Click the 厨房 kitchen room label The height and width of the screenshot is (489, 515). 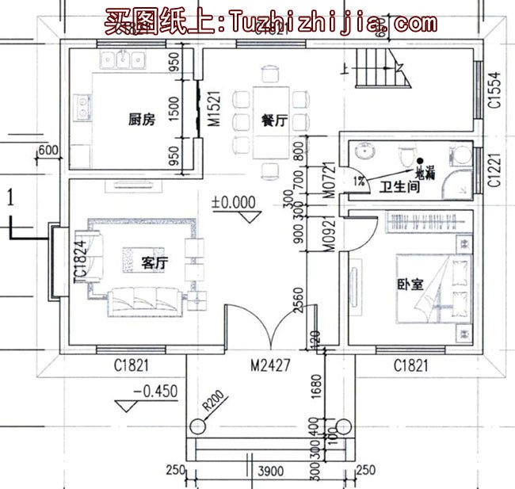pos(139,120)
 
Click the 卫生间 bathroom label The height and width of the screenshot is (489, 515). pos(396,187)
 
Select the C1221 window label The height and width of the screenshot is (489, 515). pos(493,170)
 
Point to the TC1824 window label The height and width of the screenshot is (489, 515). pos(79,262)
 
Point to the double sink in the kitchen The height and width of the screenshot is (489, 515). pos(125,60)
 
